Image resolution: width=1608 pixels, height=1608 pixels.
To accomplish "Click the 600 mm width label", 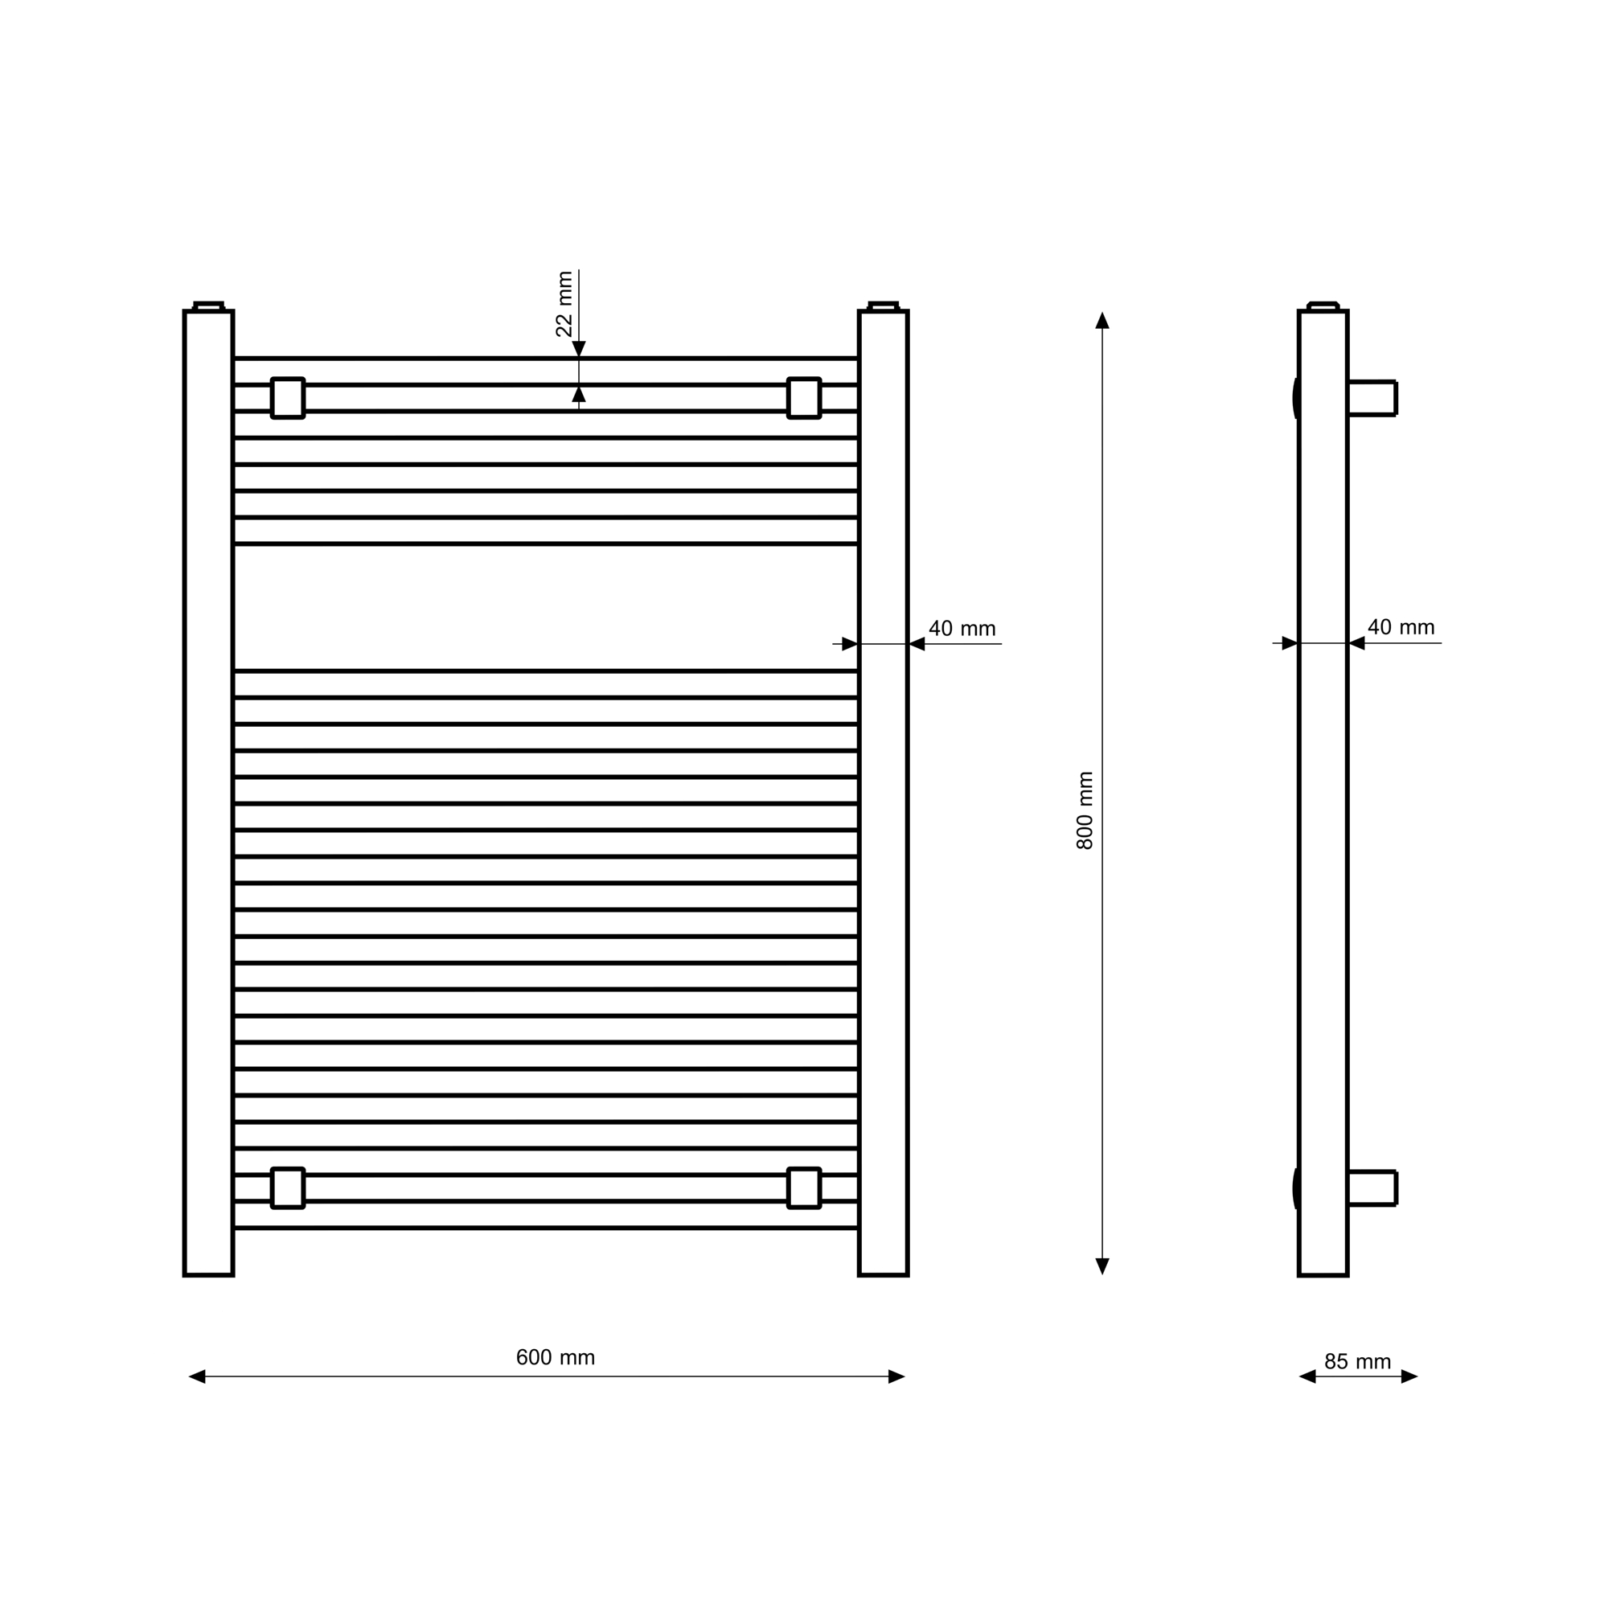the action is click(x=555, y=1357).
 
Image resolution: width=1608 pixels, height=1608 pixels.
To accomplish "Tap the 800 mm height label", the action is click(x=1085, y=810).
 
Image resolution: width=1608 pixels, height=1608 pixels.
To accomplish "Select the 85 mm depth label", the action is click(x=1357, y=1362).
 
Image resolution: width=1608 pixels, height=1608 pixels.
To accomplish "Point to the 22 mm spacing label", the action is click(x=564, y=304).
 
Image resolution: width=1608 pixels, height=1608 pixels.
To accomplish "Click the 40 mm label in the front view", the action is click(x=962, y=629).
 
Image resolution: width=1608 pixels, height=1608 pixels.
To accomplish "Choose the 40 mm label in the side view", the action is click(x=1401, y=627).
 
